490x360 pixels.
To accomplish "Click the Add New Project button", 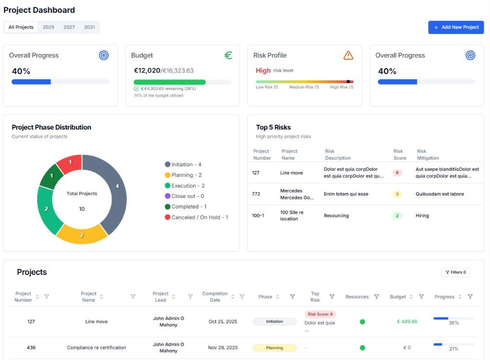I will (x=456, y=27).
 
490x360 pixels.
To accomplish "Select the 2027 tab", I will (x=69, y=27).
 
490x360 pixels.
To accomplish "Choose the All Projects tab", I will (x=21, y=27).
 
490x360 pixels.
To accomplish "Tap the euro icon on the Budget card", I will (x=228, y=55).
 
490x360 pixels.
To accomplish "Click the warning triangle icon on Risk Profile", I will (x=348, y=55).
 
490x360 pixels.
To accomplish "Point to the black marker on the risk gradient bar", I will (x=348, y=82).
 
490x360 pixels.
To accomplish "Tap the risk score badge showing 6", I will (x=397, y=173).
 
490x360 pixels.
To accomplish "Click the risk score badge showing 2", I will (x=397, y=216).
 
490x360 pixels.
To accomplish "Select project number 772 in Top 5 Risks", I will (x=256, y=194).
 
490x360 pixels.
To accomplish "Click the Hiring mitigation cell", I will (x=422, y=216).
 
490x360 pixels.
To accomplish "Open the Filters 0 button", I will (x=456, y=272).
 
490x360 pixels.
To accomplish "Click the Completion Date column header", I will (x=215, y=297).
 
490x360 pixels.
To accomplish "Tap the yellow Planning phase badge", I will (x=274, y=348).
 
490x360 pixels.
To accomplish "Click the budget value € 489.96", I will (x=407, y=322).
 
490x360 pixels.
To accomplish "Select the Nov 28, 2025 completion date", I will (x=223, y=348).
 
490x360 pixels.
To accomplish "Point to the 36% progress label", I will (x=454, y=323).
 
